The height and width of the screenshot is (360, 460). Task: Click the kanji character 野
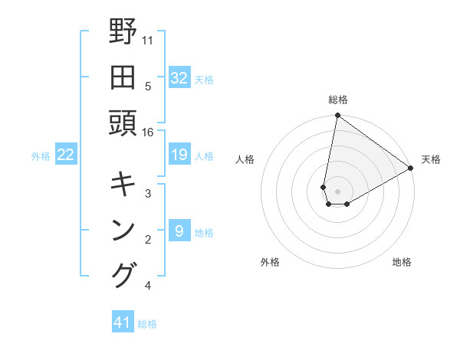point(123,34)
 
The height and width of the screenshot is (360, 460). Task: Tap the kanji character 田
point(123,78)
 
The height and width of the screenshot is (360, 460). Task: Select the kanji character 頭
point(123,123)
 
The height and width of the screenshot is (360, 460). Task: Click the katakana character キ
point(123,184)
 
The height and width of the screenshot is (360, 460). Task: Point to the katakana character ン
point(123,230)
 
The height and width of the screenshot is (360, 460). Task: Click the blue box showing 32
point(179,78)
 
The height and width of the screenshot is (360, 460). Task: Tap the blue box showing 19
point(179,155)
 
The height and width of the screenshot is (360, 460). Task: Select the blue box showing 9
point(179,231)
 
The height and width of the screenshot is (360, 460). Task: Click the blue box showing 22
point(66,155)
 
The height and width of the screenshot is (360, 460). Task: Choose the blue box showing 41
point(123,322)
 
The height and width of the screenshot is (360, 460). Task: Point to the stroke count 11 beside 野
point(148,39)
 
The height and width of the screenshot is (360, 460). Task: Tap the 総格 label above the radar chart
point(338,100)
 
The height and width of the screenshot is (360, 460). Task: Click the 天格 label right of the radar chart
point(431,159)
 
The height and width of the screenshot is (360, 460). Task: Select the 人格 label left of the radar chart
point(245,159)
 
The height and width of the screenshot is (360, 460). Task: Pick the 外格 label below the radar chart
point(270,262)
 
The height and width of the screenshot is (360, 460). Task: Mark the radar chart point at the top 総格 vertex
point(337,116)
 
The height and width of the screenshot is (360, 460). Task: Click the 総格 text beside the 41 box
point(147,324)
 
